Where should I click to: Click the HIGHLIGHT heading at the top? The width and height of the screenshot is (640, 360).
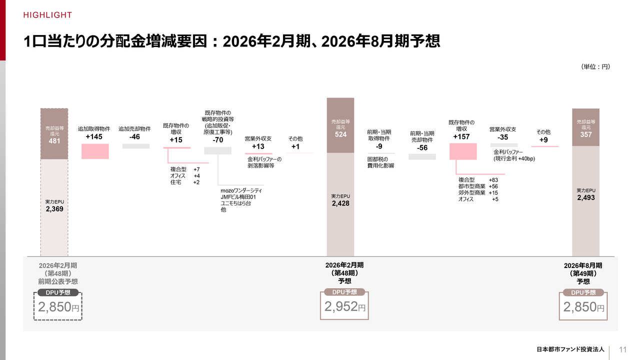pos(47,15)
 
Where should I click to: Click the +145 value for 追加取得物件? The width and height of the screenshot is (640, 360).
pos(95,137)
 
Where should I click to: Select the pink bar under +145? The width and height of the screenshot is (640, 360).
pos(95,151)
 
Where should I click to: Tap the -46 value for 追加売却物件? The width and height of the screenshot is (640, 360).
pos(134,137)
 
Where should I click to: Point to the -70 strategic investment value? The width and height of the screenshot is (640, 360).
pos(217,140)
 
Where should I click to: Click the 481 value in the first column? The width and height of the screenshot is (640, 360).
pos(54,141)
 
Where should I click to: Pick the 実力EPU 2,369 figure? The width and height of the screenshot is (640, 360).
pos(54,209)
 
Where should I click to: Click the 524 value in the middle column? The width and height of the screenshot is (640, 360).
pos(340,134)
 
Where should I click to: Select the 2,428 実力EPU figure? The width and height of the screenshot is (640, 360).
pos(340,203)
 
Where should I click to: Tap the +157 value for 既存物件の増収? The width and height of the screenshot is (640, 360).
pos(461,136)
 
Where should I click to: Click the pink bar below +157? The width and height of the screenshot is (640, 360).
pos(463,151)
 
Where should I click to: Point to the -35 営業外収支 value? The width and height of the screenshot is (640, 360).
pos(502,137)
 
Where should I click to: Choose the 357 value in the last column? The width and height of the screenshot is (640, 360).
pos(585,134)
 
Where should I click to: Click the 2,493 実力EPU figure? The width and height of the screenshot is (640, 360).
pos(585,197)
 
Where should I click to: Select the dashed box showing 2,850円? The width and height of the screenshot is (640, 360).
pos(58,307)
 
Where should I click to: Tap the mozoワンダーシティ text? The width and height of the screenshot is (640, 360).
pos(241,190)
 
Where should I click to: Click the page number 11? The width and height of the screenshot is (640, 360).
pos(623,349)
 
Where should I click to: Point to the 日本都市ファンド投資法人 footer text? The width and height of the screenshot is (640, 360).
pos(570,349)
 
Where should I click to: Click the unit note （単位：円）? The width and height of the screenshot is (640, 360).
pos(595,66)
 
